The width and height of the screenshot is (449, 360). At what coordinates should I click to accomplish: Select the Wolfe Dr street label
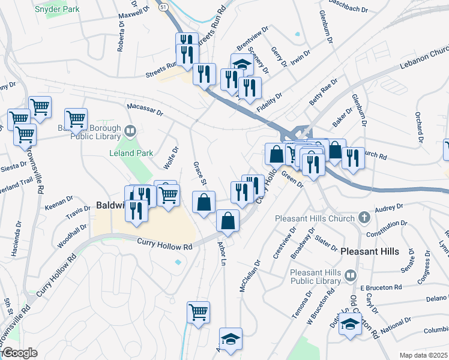171,158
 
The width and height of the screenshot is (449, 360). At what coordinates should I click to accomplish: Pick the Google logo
20,353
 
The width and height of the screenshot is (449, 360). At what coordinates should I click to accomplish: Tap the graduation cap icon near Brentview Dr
242,64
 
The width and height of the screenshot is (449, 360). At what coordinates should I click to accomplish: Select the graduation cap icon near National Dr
349,325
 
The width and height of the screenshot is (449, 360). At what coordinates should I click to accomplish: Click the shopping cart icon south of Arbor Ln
198,312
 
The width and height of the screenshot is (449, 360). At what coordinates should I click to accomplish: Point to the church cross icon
364,216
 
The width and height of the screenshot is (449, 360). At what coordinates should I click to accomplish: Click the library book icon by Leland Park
130,130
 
